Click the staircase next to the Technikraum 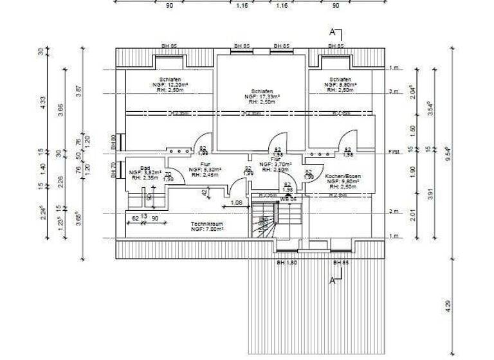263,221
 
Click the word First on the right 395,152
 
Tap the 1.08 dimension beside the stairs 235,204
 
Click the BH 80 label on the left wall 113,141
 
